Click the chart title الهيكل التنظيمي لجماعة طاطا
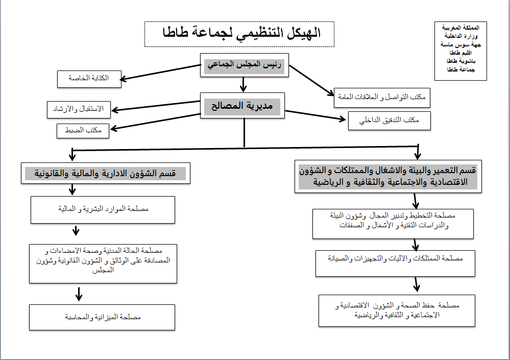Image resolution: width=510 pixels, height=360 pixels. tap(239, 35)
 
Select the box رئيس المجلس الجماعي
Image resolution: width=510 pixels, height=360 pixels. tap(245, 65)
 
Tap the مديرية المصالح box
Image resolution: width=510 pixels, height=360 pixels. tap(242, 106)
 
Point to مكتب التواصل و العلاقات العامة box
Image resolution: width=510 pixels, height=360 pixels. tap(382, 97)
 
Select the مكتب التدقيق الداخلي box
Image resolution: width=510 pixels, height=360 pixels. tap(390, 121)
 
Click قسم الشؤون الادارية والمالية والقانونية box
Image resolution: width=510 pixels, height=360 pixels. tap(106, 174)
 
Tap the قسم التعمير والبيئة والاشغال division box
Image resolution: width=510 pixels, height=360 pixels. tap(386, 177)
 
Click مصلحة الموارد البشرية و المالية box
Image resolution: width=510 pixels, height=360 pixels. tap(103, 209)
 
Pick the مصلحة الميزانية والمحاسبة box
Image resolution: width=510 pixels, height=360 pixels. tap(103, 317)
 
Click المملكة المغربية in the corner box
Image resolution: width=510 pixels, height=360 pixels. tap(461, 27)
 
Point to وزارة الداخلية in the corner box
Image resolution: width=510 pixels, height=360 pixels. tap(461, 35)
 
